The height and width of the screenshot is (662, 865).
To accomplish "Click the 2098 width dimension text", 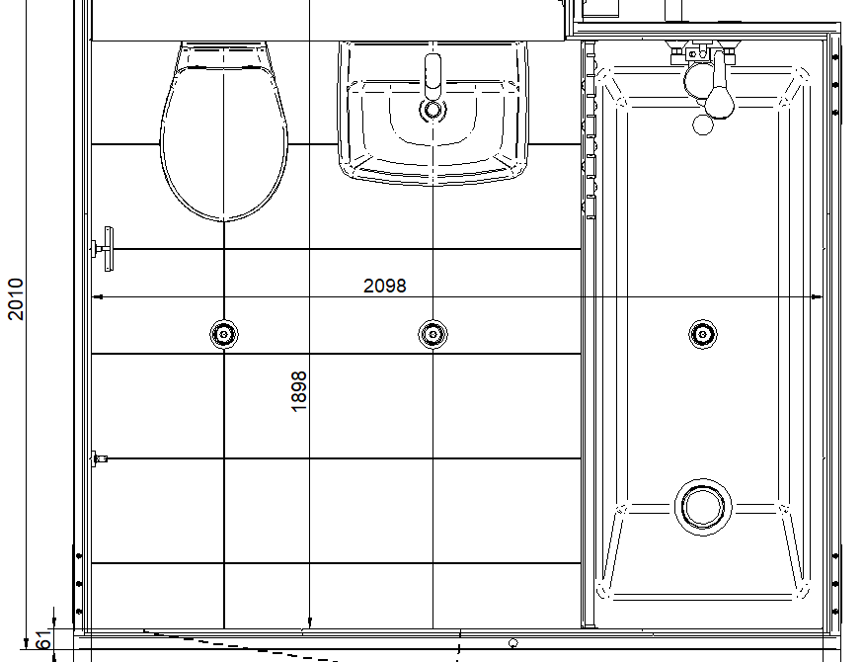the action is (x=384, y=286).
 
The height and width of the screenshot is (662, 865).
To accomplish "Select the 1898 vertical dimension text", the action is (x=298, y=391).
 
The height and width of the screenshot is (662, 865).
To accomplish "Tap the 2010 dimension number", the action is (x=16, y=298).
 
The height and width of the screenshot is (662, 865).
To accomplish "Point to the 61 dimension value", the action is (x=43, y=639).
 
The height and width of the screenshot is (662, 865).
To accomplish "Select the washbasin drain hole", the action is (x=433, y=110).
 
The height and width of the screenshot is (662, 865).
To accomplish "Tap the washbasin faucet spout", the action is (x=433, y=77).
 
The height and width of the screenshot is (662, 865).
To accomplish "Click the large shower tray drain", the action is (x=703, y=506).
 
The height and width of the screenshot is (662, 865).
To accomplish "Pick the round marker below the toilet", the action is (x=224, y=334).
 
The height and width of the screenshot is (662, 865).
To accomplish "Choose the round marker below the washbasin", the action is (x=433, y=334).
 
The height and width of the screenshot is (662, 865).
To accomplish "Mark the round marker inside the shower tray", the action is (x=703, y=334).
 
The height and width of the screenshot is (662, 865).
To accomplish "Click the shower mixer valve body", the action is (x=702, y=53).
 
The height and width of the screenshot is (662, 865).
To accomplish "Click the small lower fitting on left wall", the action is (x=100, y=458).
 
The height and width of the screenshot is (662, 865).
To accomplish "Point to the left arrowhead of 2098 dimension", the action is (x=97, y=297).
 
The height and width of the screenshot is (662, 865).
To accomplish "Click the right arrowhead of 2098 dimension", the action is (x=817, y=297).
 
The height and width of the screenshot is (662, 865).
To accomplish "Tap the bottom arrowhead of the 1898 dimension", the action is (x=309, y=622).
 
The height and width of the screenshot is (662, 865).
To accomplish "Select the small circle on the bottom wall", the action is (x=513, y=642).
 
